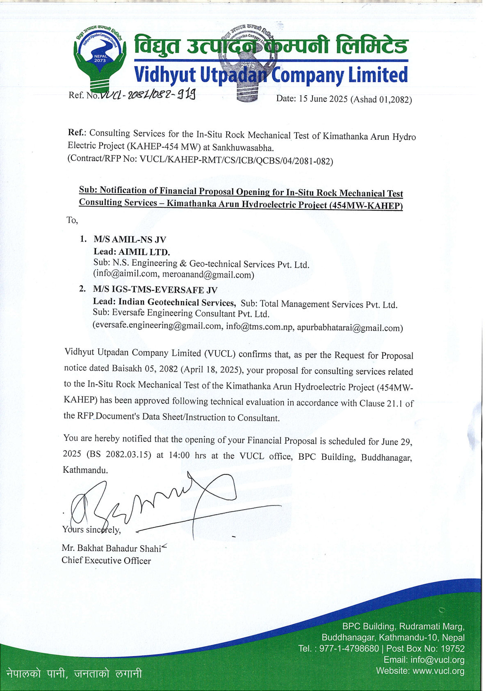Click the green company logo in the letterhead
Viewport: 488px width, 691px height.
pos(100,57)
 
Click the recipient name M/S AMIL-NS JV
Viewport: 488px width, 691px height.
pos(130,240)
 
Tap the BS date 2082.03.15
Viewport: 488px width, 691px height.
pos(126,455)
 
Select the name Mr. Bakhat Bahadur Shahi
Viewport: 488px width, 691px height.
pos(112,548)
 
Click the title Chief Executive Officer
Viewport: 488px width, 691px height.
pos(106,561)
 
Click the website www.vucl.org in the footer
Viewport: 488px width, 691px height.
pos(438,671)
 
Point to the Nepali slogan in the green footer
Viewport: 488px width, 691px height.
pos(74,673)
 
